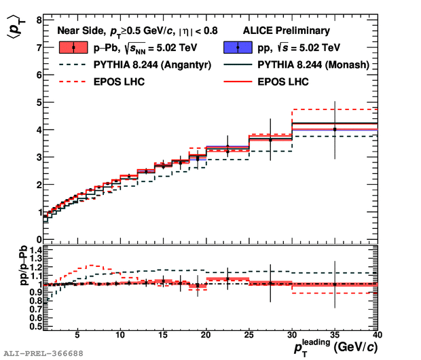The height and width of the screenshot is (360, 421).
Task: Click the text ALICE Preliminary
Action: click(x=287, y=31)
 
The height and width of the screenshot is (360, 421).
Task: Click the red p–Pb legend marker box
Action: click(x=73, y=48)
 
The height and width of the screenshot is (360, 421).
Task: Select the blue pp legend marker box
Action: click(x=238, y=48)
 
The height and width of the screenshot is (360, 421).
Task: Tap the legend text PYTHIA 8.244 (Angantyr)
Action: click(x=138, y=65)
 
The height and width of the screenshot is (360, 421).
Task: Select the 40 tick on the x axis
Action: click(x=378, y=335)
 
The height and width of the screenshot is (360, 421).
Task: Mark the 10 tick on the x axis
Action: click(x=120, y=335)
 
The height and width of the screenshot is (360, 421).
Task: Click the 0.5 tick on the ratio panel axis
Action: click(x=33, y=326)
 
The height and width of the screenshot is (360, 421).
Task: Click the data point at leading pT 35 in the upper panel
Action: click(x=335, y=129)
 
